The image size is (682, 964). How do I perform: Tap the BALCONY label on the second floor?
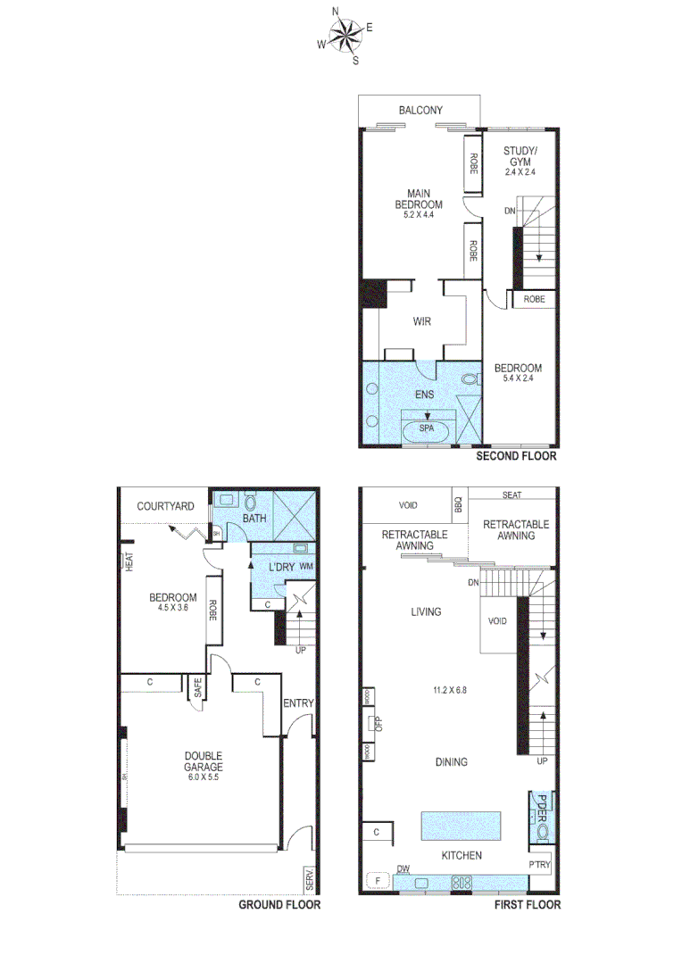(x=420, y=111)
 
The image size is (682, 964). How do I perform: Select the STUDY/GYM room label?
(x=520, y=156)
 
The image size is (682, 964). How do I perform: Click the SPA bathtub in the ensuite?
(x=427, y=430)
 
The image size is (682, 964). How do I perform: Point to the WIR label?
(x=421, y=321)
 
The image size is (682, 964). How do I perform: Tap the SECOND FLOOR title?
(x=515, y=456)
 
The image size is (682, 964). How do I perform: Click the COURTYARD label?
(x=165, y=506)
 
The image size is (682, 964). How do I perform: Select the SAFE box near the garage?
(x=197, y=687)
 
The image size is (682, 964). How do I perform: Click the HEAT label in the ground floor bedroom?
(x=129, y=561)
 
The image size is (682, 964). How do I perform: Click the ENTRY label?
(x=298, y=703)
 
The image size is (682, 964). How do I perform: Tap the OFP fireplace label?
(x=378, y=723)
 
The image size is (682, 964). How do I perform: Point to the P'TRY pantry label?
(x=539, y=865)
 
